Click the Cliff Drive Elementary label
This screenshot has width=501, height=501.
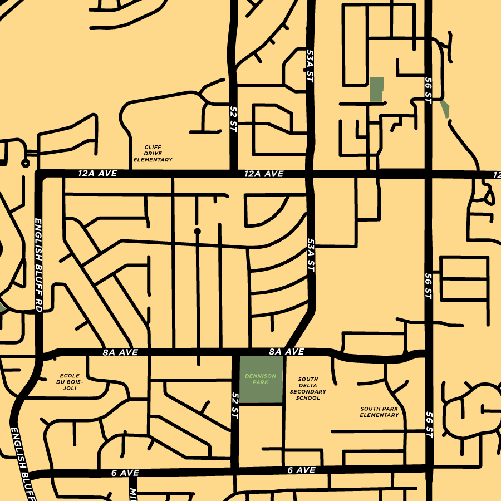(153, 154)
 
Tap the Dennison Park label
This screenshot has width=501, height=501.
(261, 379)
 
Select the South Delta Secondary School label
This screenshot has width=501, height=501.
(308, 389)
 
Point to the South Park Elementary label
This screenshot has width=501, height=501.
(379, 411)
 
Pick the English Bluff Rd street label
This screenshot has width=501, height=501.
(38, 264)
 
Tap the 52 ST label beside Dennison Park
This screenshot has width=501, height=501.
(234, 405)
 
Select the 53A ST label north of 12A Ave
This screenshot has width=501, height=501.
(310, 66)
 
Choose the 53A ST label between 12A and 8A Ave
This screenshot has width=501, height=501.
(311, 255)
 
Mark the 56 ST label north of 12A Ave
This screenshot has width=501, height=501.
(428, 89)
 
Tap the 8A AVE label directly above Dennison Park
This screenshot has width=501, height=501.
(286, 352)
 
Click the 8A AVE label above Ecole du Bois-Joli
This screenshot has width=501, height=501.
(120, 352)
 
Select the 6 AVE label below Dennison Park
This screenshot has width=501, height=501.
(301, 470)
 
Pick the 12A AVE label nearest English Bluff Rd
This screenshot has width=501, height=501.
(97, 174)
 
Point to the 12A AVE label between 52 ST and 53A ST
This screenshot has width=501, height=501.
(264, 174)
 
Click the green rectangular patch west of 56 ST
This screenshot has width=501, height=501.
(377, 89)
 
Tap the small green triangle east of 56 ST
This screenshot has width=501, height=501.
(445, 109)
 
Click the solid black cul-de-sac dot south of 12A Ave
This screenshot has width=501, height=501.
(197, 230)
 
